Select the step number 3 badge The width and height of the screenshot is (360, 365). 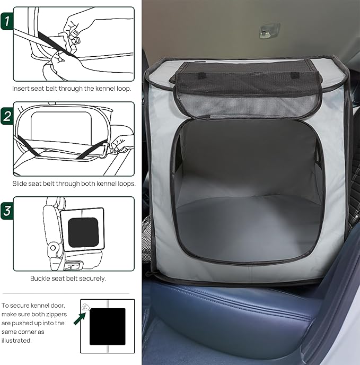click(6, 210)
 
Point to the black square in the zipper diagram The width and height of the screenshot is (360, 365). click(107, 326)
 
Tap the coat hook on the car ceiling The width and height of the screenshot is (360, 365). click(269, 30)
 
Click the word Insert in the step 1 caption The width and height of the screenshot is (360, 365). click(22, 89)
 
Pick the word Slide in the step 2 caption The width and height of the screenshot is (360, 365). click(21, 184)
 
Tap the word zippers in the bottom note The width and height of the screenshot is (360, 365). click(55, 314)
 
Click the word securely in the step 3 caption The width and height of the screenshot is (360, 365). click(92, 278)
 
